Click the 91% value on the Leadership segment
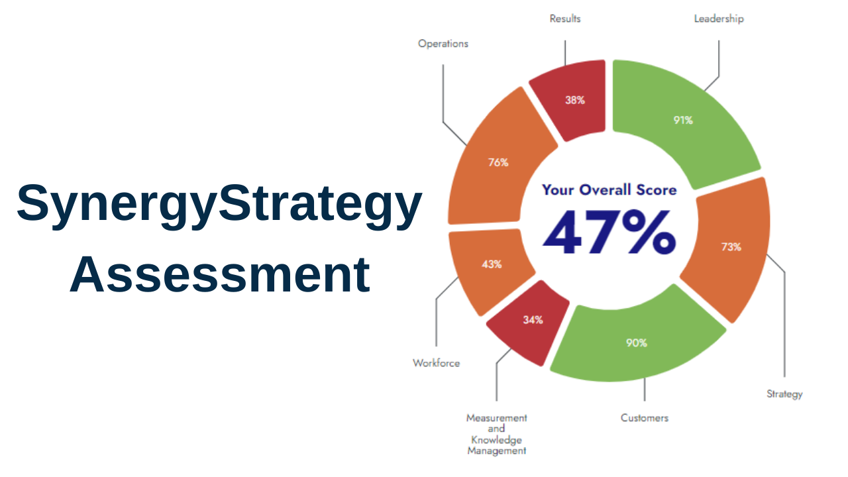(x=683, y=121)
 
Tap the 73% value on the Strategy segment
(x=731, y=247)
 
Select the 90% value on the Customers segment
(x=637, y=343)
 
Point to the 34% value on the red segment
(x=533, y=320)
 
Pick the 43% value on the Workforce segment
(x=492, y=264)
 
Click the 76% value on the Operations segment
(x=498, y=162)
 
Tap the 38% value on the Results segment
(x=575, y=101)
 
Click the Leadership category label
(x=719, y=19)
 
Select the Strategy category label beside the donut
(x=784, y=394)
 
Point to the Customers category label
(x=645, y=418)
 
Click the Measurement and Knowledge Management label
(x=497, y=434)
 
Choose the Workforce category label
(x=436, y=363)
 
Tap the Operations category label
(x=443, y=44)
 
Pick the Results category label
(x=565, y=19)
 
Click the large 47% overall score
(x=609, y=233)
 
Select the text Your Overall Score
(x=609, y=190)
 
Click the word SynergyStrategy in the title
(x=219, y=203)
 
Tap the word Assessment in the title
(x=219, y=275)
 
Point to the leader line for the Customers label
(x=645, y=391)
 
